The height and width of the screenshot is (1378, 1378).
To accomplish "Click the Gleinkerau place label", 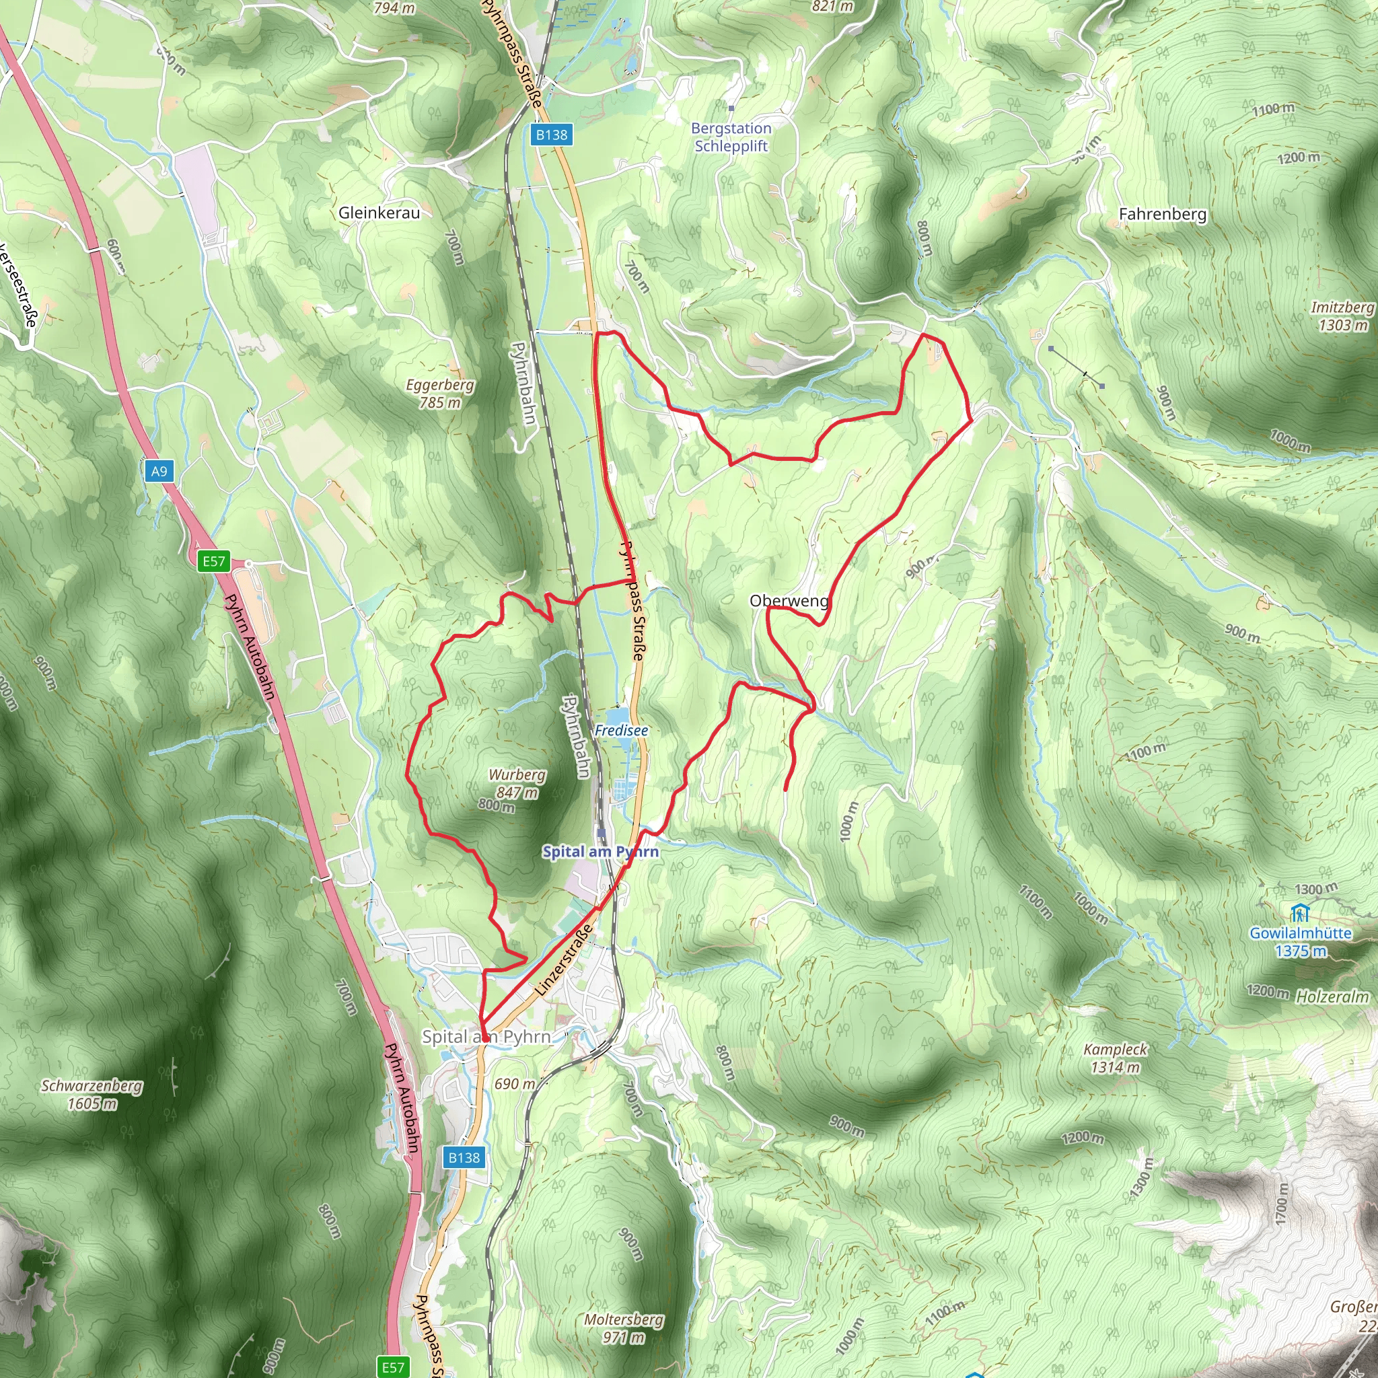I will pyautogui.click(x=379, y=213).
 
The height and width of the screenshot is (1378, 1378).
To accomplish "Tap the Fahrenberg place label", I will pyautogui.click(x=1163, y=214).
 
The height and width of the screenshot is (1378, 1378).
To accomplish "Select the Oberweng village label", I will pyautogui.click(x=789, y=601).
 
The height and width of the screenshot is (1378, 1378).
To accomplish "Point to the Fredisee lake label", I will pyautogui.click(x=621, y=730).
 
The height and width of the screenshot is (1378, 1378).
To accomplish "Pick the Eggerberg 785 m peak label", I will pyautogui.click(x=439, y=393).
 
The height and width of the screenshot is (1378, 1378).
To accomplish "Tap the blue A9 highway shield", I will pyautogui.click(x=159, y=471).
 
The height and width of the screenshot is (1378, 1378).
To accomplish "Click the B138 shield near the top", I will pyautogui.click(x=552, y=134).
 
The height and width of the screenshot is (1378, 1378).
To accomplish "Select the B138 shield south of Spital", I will pyautogui.click(x=464, y=1157).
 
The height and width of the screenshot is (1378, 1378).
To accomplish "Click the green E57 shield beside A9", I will pyautogui.click(x=214, y=561).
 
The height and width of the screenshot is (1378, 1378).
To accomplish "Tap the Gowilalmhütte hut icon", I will pyautogui.click(x=1299, y=913).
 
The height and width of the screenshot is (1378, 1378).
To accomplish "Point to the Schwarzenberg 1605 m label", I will pyautogui.click(x=92, y=1094).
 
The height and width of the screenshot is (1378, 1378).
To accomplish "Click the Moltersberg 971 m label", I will pyautogui.click(x=623, y=1328).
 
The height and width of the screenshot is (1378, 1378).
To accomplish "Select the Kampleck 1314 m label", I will pyautogui.click(x=1116, y=1058).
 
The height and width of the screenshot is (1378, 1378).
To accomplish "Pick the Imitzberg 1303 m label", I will pyautogui.click(x=1342, y=316).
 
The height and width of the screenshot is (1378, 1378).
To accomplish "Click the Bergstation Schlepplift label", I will pyautogui.click(x=731, y=137).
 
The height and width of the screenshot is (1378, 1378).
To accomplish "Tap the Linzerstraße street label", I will pyautogui.click(x=563, y=960).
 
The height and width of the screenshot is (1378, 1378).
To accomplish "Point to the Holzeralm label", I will pyautogui.click(x=1332, y=997).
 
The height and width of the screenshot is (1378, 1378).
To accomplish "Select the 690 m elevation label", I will pyautogui.click(x=514, y=1083).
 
